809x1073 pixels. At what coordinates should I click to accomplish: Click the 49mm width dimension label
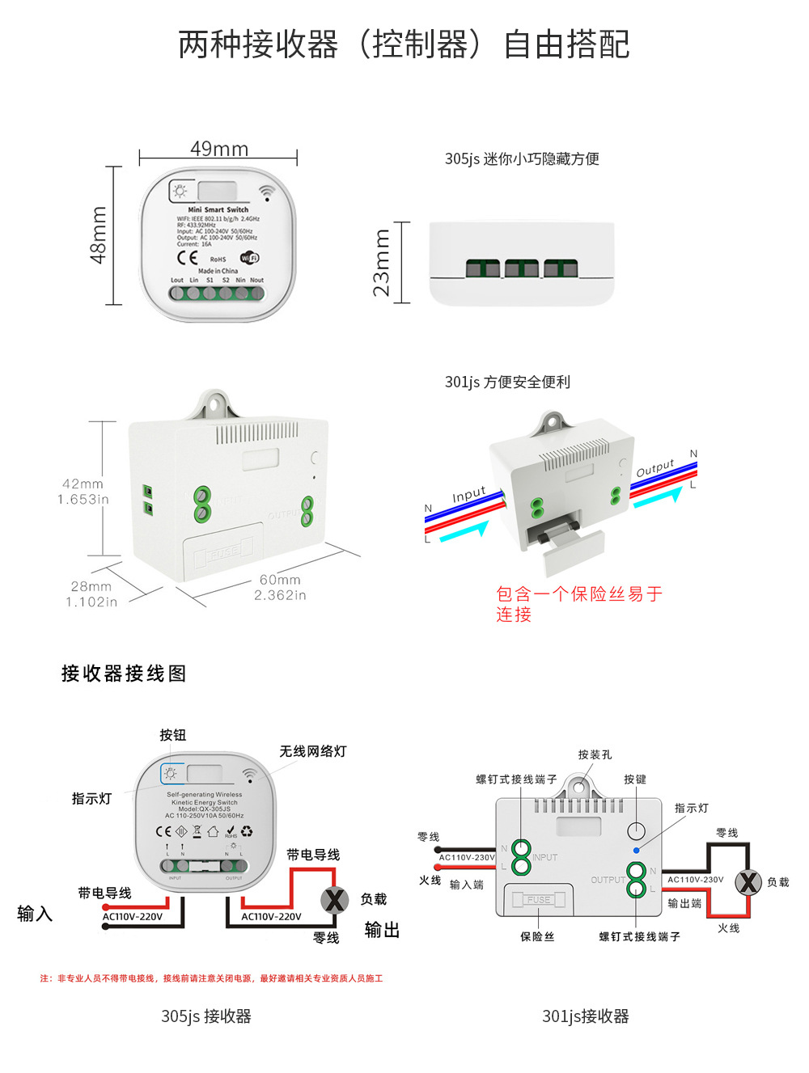point(219,149)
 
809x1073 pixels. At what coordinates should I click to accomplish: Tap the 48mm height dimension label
point(98,234)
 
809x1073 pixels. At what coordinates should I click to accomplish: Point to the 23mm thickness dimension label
point(381,263)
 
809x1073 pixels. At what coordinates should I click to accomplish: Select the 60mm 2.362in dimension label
point(281,588)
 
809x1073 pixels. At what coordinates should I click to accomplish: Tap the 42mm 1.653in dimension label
point(83,492)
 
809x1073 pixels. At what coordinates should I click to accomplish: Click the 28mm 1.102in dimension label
point(91,594)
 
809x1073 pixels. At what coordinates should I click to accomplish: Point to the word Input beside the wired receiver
point(469,495)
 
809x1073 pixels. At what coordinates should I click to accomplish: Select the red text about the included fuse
point(578,604)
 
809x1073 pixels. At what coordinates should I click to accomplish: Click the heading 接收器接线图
point(124,674)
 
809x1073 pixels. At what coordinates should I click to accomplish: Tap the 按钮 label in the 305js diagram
point(172,735)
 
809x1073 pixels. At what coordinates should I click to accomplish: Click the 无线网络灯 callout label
point(313,751)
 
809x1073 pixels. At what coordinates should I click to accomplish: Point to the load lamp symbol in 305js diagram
point(334,899)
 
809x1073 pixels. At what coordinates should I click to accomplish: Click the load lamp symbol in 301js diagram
point(748,881)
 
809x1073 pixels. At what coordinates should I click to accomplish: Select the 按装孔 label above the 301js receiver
point(595,754)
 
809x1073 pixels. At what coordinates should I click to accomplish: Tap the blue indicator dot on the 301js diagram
point(637,851)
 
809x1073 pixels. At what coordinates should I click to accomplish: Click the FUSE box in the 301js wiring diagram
point(538,899)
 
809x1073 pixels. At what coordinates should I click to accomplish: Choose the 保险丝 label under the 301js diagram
point(537,937)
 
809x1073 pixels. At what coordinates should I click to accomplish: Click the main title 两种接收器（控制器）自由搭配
point(404,44)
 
